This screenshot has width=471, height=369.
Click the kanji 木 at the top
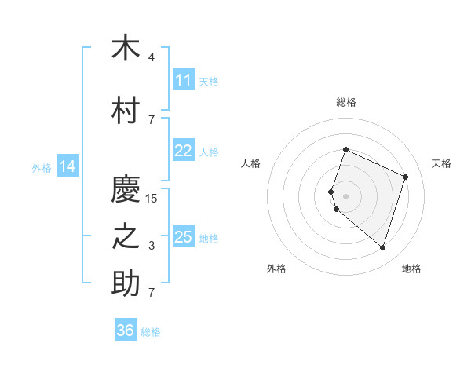(x=126, y=46)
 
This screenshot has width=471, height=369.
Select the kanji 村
(x=126, y=110)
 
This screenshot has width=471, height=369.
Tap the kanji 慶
(x=126, y=188)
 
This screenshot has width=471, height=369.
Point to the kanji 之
(x=126, y=236)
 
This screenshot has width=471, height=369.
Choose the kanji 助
(x=126, y=283)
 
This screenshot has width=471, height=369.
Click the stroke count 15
(x=151, y=199)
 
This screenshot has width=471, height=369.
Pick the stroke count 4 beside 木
(x=152, y=57)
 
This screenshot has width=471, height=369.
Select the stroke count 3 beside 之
(x=152, y=246)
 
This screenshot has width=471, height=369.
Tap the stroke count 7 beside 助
(x=152, y=292)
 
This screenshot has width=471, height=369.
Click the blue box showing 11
(x=184, y=79)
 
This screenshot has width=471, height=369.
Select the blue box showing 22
(x=184, y=150)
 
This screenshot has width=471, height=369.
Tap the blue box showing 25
(x=184, y=236)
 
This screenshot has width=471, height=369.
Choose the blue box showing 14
(x=68, y=166)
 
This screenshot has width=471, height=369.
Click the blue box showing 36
(x=126, y=329)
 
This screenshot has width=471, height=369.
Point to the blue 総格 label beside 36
(x=151, y=332)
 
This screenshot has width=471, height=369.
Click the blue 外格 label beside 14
(x=42, y=168)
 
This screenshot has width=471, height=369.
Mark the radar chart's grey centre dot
(x=345, y=196)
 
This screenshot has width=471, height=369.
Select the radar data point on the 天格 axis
(x=405, y=177)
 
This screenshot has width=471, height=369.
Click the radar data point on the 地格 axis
(x=382, y=248)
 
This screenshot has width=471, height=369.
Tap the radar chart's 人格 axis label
(x=250, y=163)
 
